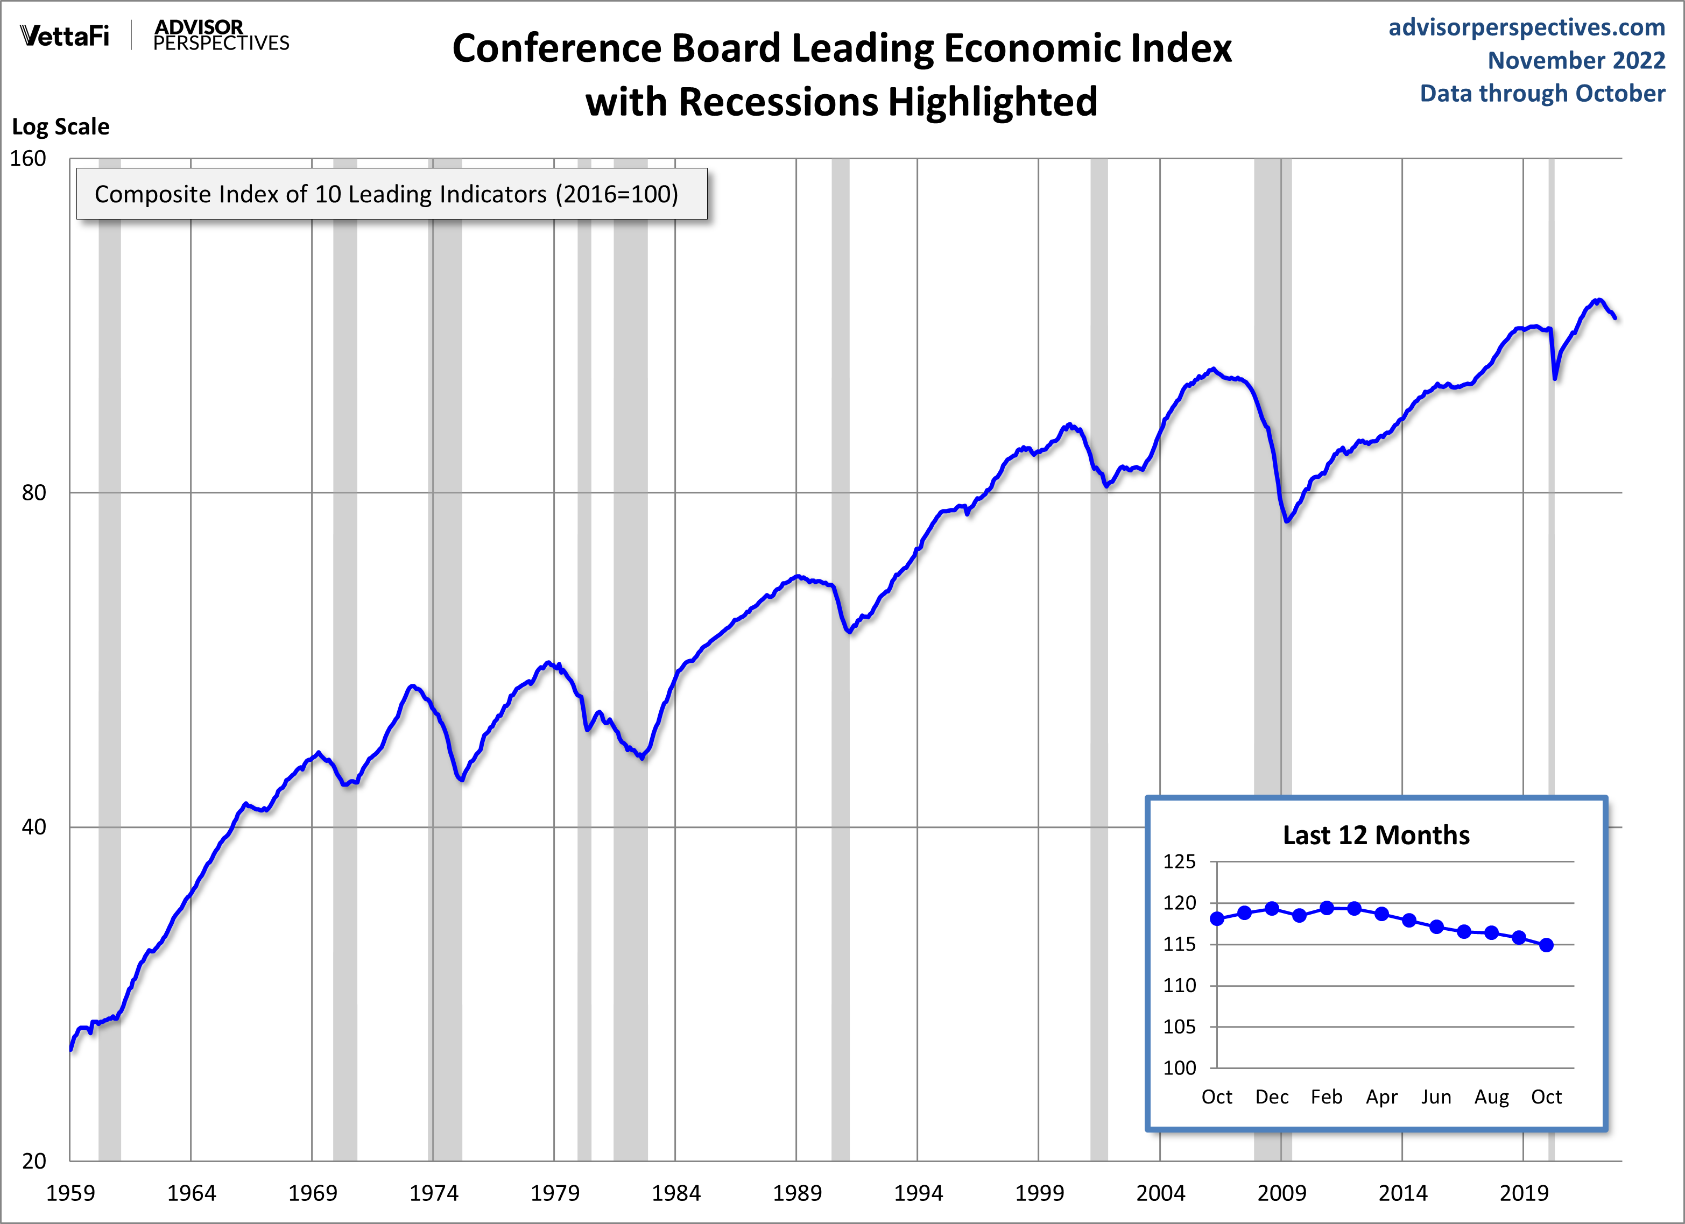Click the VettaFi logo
65,36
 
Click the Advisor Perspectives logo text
221,36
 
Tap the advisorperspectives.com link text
1527,27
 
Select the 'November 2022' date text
1576,60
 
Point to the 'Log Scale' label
61,127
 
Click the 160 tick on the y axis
28,159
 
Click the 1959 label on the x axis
70,1193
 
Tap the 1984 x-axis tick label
675,1193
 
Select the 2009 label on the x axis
1281,1193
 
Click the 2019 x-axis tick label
1523,1193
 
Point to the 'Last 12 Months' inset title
1376,836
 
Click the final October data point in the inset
1546,945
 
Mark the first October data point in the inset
1217,919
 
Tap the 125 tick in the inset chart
1180,861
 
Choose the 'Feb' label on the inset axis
1326,1097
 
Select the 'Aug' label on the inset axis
1491,1097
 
